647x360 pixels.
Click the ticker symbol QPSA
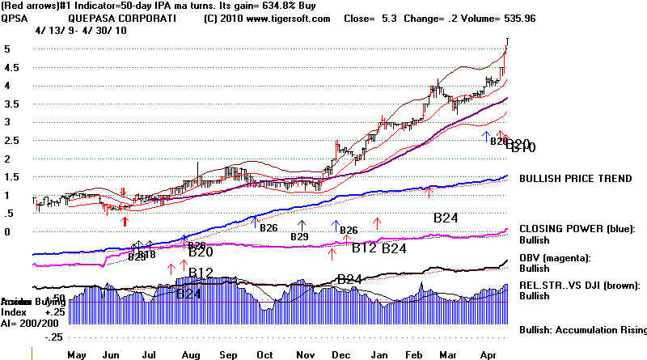(x=15, y=18)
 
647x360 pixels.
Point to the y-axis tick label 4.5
(x=11, y=85)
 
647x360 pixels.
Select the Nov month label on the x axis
(x=305, y=354)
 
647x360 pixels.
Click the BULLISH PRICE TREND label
(x=575, y=179)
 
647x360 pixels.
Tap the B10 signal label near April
(x=522, y=147)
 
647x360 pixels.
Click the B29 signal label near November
(x=300, y=236)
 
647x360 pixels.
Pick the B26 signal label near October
(x=269, y=228)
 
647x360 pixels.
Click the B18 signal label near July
(x=147, y=254)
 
